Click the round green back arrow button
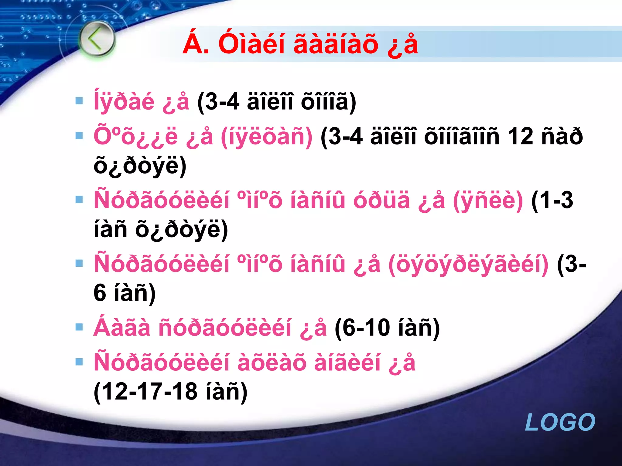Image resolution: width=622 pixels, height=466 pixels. pos(97,39)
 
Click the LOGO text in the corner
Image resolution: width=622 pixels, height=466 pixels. pos(560,422)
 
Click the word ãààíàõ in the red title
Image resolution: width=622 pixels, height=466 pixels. pos(336,44)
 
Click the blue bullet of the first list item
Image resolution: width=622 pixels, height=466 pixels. pos(79,101)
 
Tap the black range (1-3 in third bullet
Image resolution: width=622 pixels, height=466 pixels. pos(552,200)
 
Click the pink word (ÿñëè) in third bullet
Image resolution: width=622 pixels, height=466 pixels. pos(488,200)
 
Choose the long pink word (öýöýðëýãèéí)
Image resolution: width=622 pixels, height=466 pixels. pos(468,264)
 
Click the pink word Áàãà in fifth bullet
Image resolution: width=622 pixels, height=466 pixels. pos(122,328)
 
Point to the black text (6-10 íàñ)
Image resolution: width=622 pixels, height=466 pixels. pos(387,328)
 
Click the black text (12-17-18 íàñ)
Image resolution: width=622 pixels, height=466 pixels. pos(170,391)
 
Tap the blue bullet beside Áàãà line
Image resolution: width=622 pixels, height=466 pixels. pos(79,327)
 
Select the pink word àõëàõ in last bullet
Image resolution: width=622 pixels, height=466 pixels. pos(272,363)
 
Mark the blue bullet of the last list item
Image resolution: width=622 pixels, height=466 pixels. pos(79,362)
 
